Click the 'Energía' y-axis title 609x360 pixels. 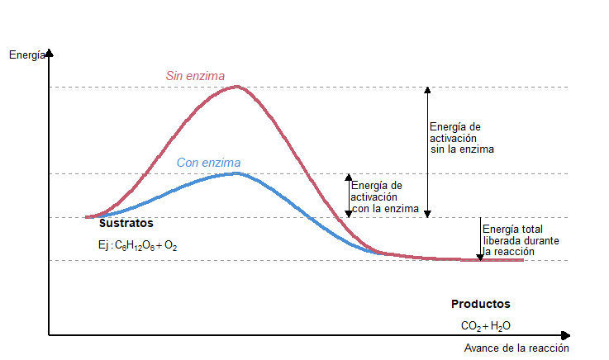[25, 55]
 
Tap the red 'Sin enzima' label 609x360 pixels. [195, 76]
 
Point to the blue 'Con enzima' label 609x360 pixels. [208, 163]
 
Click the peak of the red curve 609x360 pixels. [238, 87]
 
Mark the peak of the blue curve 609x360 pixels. [236, 173]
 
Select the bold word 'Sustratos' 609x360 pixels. [126, 224]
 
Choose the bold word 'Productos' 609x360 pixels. [480, 304]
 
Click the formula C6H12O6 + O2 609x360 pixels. [137, 246]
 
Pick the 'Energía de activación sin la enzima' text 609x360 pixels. [461, 138]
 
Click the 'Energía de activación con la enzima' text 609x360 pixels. [385, 197]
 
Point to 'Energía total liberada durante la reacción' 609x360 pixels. [514, 239]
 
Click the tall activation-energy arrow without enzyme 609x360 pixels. [427, 152]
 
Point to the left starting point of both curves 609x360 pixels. [87, 217]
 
